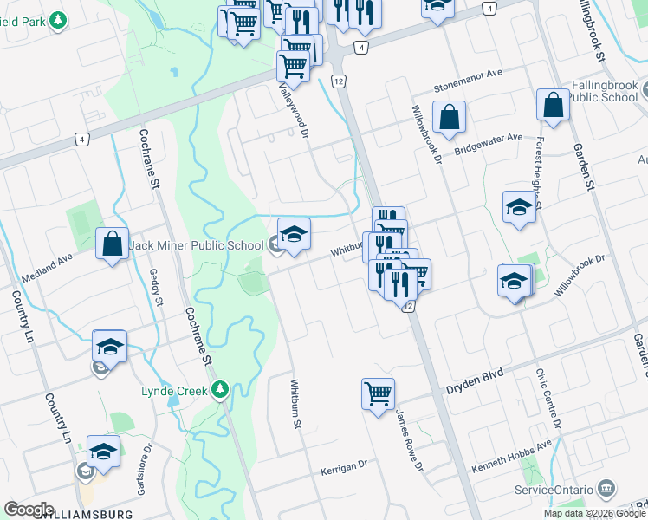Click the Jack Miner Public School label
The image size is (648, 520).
tap(197, 245)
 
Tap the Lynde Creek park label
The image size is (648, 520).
tap(174, 391)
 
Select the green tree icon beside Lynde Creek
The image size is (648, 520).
tap(221, 390)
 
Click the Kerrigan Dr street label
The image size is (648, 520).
tap(344, 465)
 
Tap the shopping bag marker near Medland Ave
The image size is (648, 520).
tap(113, 244)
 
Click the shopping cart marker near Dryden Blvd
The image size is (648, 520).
tap(379, 394)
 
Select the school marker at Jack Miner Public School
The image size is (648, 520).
tap(294, 235)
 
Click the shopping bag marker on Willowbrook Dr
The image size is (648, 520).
tap(450, 118)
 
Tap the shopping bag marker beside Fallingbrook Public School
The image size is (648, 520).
tap(552, 106)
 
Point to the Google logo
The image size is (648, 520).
tap(29, 509)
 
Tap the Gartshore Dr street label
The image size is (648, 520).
tap(142, 471)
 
